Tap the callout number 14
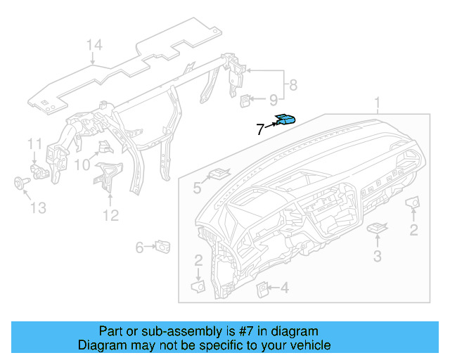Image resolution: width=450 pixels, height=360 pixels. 94,46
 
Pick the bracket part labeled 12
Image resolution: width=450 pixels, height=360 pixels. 108,174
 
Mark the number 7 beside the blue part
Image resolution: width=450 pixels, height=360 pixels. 259,129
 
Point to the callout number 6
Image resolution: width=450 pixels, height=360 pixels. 139,247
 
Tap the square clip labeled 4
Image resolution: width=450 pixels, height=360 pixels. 262,287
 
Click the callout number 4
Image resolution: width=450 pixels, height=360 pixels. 284,288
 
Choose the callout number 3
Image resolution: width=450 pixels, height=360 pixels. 378,257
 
